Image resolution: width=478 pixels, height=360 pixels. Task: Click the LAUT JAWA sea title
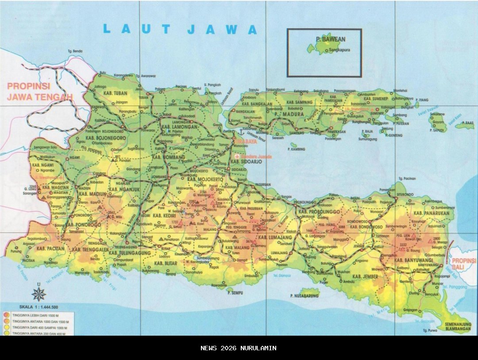180,30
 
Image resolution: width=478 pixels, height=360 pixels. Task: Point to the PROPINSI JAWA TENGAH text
39,92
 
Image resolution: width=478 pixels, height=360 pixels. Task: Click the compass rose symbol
39,293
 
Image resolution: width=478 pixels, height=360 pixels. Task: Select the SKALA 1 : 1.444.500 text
39,306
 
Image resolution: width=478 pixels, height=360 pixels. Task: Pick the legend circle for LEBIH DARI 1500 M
6,315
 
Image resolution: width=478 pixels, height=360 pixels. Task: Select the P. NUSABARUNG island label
305,295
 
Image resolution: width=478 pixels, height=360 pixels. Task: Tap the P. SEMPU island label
235,292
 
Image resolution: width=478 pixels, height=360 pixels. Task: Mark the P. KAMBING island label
296,149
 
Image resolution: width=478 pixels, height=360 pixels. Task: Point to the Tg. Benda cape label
75,51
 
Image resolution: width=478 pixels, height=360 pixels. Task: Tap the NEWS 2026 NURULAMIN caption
239,348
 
